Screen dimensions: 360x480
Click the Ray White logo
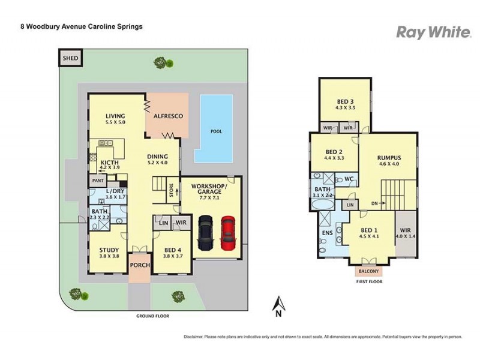433,32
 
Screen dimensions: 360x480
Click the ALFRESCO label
168,116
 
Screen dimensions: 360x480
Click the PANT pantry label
98,180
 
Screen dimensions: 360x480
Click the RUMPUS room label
388,158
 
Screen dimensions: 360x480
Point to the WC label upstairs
347,179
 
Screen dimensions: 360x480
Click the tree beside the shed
161,62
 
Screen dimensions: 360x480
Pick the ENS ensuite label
326,233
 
